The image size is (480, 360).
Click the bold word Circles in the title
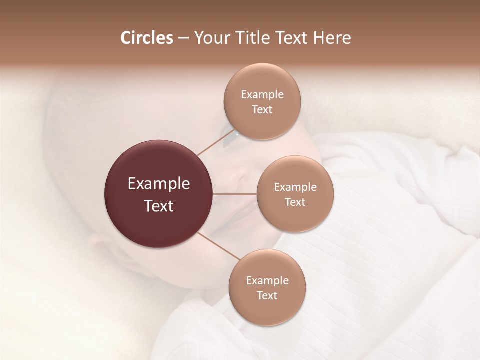[x=146, y=38]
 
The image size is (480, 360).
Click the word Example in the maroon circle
[x=158, y=184]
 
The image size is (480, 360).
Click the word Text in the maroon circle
[x=158, y=206]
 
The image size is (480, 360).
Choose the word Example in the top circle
[x=262, y=95]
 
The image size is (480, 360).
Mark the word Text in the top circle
[x=262, y=110]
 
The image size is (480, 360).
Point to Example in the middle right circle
[x=295, y=187]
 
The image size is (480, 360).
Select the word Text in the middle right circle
[x=295, y=202]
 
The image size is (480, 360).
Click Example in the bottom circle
[x=267, y=281]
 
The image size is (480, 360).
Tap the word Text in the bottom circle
[x=267, y=296]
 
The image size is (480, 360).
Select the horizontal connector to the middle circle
[x=235, y=194]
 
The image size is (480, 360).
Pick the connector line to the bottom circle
[x=218, y=245]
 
